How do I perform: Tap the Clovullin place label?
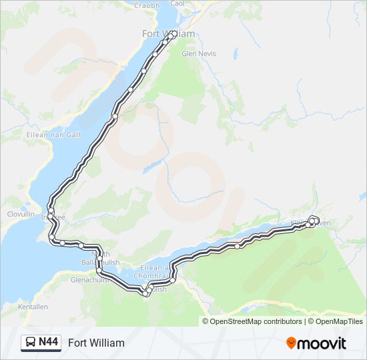coord(20,214)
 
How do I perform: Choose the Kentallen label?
coord(33,307)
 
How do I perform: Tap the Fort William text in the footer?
coord(96,343)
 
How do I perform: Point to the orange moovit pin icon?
coord(291,343)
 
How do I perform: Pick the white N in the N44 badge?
coord(42,343)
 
